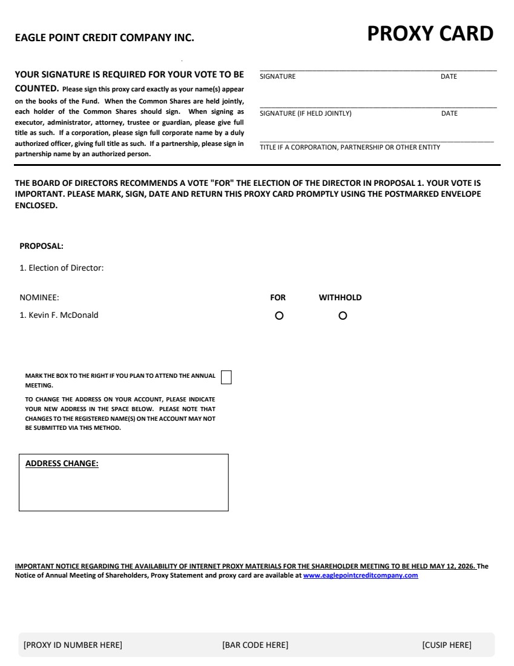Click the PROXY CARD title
(x=430, y=34)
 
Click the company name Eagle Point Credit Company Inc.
(x=104, y=38)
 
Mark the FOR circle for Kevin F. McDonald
(x=279, y=315)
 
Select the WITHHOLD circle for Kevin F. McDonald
(x=343, y=315)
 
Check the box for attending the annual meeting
(x=226, y=377)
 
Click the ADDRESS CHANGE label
(x=62, y=464)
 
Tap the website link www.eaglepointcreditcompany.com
(x=360, y=575)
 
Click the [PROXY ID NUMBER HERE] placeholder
(x=73, y=645)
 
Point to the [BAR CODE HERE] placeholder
(x=255, y=645)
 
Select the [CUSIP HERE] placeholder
(x=446, y=645)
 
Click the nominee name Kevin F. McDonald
(x=59, y=315)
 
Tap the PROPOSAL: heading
(x=41, y=246)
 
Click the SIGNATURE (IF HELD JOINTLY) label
(x=305, y=114)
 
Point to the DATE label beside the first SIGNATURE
(x=449, y=77)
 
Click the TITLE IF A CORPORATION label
(x=350, y=147)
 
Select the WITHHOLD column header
(x=340, y=297)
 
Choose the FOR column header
(x=278, y=297)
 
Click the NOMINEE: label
(x=39, y=297)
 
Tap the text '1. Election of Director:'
(x=62, y=268)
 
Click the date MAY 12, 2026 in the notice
(x=452, y=567)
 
